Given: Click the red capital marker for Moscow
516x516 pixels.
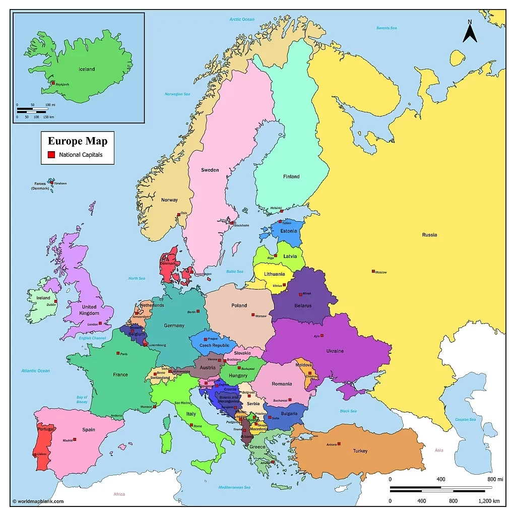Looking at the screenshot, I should (x=373, y=272).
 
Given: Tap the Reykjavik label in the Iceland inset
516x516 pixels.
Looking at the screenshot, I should (x=62, y=85).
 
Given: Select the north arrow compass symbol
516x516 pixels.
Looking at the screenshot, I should (x=470, y=32).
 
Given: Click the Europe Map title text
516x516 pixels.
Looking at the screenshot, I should (x=78, y=141).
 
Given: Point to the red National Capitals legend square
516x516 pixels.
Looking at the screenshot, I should (x=51, y=155).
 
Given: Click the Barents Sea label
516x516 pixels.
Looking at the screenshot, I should (x=386, y=28).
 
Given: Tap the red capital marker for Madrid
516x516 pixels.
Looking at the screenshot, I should (x=75, y=439).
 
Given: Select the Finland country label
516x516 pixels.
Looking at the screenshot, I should (x=291, y=176).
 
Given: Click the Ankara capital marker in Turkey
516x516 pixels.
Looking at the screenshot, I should (x=339, y=443).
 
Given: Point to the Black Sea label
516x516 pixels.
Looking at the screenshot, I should (x=348, y=411).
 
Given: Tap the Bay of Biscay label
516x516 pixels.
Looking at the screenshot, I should (x=82, y=400).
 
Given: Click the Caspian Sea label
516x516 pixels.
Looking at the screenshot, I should (x=465, y=420).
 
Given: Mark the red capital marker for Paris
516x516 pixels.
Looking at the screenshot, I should (x=118, y=353).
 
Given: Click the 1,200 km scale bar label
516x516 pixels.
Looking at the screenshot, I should (x=488, y=501).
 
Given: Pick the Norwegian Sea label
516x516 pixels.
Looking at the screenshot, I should (x=177, y=94).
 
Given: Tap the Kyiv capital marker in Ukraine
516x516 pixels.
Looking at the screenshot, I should (x=322, y=336).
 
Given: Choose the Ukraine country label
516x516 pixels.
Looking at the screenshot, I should (x=335, y=351).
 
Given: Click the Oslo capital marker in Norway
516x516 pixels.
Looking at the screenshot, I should (x=178, y=215).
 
